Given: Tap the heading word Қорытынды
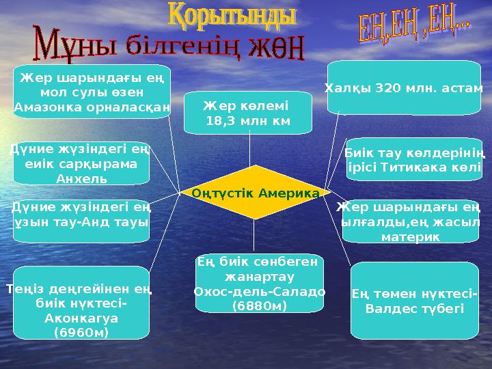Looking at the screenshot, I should coord(232,15).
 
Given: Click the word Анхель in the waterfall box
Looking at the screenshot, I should coord(81,179).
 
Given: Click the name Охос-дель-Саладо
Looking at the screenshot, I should coord(260,291).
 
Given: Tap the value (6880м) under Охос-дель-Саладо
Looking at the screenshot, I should coord(260,305).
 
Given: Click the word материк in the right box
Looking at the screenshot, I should coord(410,236).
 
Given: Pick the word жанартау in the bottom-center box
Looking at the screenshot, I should coord(260,277).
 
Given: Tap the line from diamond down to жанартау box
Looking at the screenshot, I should coord(254,236).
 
